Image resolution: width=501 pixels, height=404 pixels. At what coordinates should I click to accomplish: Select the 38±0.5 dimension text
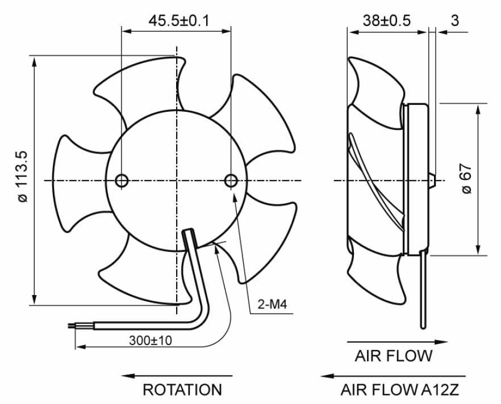[386, 21]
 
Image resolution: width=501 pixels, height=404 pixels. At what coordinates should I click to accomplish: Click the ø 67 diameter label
[467, 180]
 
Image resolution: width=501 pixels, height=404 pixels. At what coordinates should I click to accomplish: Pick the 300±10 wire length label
[151, 340]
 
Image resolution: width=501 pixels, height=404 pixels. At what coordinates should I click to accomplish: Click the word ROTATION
[182, 390]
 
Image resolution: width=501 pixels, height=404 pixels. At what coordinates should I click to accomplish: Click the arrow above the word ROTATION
[177, 376]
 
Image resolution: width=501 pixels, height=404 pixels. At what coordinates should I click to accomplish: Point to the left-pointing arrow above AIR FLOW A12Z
[392, 376]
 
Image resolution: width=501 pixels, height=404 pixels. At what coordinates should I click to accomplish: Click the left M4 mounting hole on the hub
[122, 180]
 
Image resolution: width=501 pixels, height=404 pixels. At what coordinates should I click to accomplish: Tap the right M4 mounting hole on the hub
[231, 180]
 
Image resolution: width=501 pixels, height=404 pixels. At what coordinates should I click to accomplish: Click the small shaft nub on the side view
[432, 180]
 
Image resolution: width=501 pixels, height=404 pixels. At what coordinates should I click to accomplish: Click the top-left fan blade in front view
[133, 91]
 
